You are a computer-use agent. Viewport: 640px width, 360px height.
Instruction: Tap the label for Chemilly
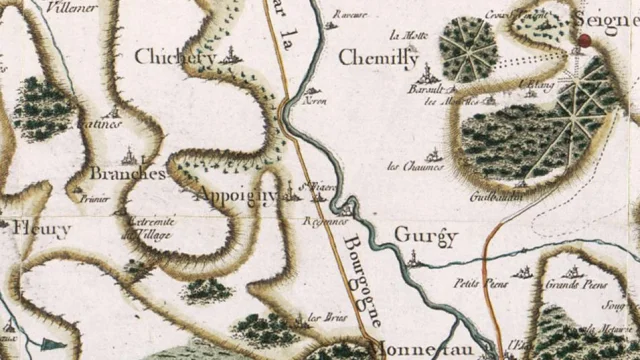tap(378, 58)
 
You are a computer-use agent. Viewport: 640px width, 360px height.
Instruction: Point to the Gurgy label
tap(425, 236)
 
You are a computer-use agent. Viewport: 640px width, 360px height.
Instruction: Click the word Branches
tap(127, 173)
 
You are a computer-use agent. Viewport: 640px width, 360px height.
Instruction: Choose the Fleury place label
tap(42, 229)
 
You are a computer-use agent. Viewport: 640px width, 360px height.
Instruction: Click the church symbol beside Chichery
tap(232, 57)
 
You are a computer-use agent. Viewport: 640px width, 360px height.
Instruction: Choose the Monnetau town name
tap(400, 351)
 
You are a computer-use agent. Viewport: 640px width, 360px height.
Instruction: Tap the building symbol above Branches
tap(130, 155)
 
